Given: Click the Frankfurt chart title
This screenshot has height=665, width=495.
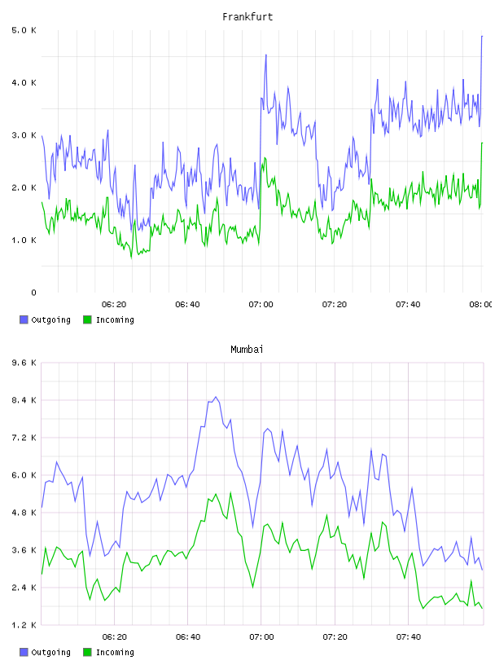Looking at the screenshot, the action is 247,17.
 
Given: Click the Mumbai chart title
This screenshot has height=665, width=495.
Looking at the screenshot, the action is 247,350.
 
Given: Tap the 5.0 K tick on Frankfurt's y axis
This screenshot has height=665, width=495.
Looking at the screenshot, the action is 24,30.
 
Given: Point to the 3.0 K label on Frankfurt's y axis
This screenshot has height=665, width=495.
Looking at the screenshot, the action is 24,135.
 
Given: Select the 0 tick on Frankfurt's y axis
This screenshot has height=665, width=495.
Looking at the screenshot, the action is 33,293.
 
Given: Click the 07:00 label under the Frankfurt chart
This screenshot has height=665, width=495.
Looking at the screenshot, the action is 261,305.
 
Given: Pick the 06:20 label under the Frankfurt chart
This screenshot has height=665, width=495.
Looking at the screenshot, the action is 114,305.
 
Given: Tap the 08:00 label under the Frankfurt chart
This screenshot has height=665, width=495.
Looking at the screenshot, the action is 481,305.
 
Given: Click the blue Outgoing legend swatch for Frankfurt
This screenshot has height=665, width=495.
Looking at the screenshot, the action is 24,319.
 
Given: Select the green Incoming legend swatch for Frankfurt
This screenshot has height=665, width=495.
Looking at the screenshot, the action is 87,319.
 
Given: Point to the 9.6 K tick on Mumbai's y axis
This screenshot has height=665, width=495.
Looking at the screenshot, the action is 24,363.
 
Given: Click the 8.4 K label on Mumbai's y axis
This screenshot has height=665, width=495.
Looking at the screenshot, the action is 24,400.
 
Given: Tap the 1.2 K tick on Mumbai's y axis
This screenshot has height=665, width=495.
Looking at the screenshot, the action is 24,625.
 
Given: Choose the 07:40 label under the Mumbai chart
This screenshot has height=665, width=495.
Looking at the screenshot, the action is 409,637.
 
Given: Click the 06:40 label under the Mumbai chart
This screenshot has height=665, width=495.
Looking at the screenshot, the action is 188,637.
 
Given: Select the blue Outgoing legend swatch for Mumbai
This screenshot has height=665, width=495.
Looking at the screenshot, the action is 24,652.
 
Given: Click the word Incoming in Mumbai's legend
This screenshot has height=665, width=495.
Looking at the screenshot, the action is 115,653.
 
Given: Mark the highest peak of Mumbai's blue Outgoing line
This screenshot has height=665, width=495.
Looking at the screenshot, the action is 216,397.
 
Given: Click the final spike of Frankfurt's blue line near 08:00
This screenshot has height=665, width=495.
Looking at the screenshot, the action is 482,37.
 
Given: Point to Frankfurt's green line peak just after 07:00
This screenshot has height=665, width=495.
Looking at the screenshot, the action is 265,158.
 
